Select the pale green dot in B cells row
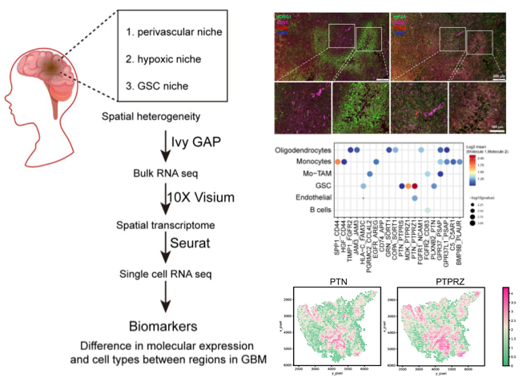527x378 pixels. (x=428, y=210)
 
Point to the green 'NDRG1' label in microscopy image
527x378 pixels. (x=284, y=16)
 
